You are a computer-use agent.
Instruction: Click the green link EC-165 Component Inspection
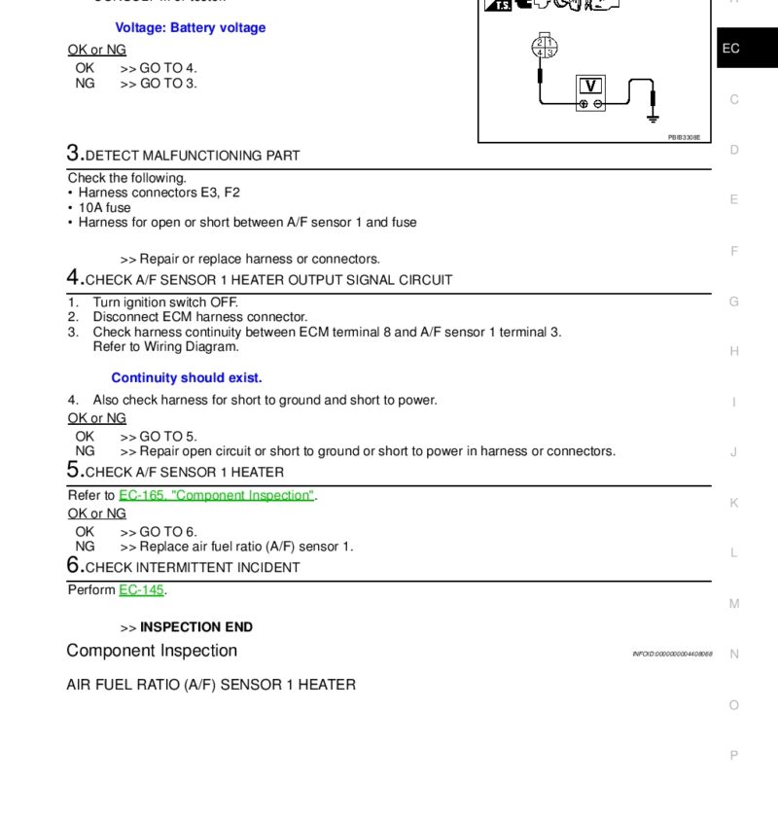pyautogui.click(x=216, y=495)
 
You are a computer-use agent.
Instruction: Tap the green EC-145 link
pyautogui.click(x=141, y=590)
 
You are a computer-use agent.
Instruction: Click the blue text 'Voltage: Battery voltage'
pyautogui.click(x=190, y=28)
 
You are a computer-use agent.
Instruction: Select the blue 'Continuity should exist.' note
pyautogui.click(x=187, y=377)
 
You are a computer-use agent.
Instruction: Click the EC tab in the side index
pyautogui.click(x=731, y=48)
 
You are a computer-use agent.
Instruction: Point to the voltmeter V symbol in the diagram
pyautogui.click(x=590, y=86)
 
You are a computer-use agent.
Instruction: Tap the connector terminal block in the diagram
pyautogui.click(x=543, y=47)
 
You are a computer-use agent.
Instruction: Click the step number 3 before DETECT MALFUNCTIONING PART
pyautogui.click(x=74, y=154)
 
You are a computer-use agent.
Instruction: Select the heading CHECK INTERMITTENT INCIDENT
pyautogui.click(x=193, y=567)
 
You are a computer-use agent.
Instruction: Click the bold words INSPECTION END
pyautogui.click(x=196, y=627)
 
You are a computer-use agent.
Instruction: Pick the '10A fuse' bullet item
pyautogui.click(x=104, y=207)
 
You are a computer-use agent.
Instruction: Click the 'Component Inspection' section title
pyautogui.click(x=152, y=651)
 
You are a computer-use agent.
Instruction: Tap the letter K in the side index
pyautogui.click(x=734, y=503)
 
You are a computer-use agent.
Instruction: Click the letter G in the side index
pyautogui.click(x=734, y=302)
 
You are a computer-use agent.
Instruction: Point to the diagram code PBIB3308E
pyautogui.click(x=684, y=138)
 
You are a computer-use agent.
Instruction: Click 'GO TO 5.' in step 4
pyautogui.click(x=168, y=437)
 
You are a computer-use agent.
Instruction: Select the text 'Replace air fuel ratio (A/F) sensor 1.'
pyautogui.click(x=246, y=547)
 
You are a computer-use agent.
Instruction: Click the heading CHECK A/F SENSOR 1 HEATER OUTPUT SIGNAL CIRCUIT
pyautogui.click(x=268, y=280)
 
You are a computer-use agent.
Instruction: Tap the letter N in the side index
pyautogui.click(x=734, y=654)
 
